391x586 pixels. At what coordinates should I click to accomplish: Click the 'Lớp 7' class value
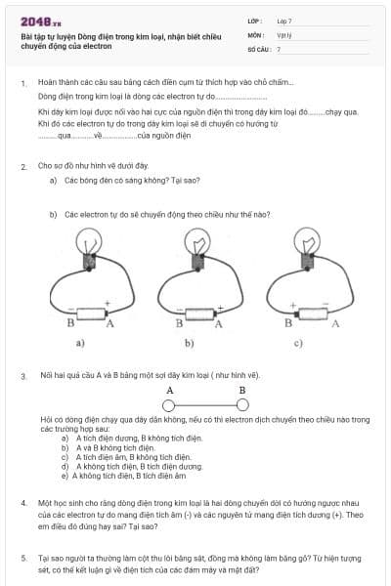[283, 21]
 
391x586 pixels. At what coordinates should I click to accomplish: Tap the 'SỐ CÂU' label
[259, 48]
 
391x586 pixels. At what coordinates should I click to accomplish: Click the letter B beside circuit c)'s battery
[288, 322]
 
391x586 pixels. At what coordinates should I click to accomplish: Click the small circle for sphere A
[169, 404]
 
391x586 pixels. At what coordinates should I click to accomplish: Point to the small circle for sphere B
[243, 404]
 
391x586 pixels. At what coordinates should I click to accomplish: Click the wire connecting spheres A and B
[206, 404]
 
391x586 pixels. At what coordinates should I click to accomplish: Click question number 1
[23, 84]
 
